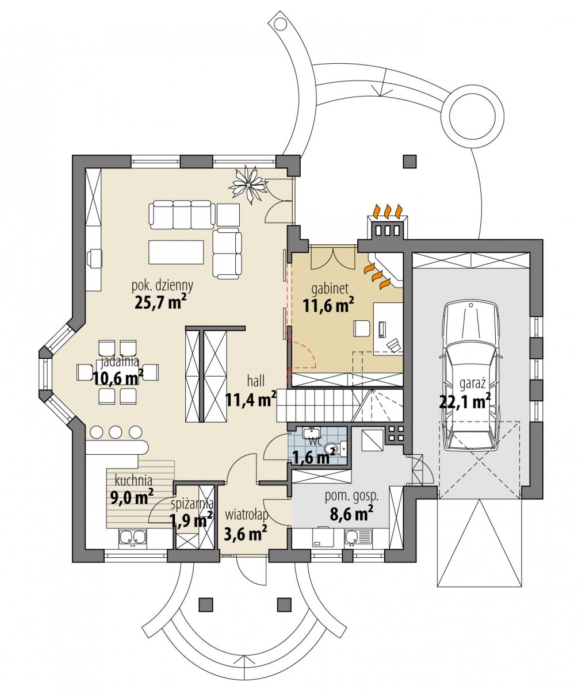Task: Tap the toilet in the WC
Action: pyautogui.click(x=335, y=449)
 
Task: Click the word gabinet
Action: pyautogui.click(x=330, y=289)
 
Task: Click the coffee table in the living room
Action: pyautogui.click(x=176, y=252)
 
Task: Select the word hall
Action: pyautogui.click(x=255, y=381)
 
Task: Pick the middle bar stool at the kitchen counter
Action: pyautogui.click(x=116, y=432)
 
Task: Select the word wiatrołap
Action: pyautogui.click(x=246, y=515)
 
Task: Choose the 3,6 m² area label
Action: pyautogui.click(x=245, y=534)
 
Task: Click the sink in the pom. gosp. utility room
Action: pyautogui.click(x=358, y=537)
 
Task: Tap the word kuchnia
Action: pyautogui.click(x=133, y=480)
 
